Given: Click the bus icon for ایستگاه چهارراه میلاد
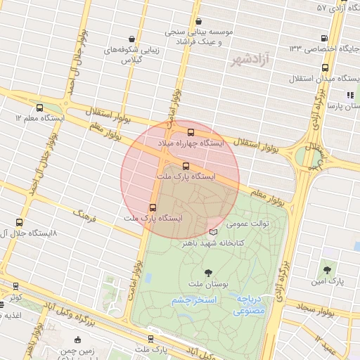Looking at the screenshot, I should [191, 131].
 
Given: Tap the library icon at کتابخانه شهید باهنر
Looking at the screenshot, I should [214, 232].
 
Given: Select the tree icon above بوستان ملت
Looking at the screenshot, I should [208, 272].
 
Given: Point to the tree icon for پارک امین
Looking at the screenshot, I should [326, 269].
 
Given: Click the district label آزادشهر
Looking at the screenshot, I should [250, 60].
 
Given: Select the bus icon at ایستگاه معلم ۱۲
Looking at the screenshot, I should [39, 108].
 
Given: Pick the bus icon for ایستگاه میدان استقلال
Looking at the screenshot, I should [325, 67].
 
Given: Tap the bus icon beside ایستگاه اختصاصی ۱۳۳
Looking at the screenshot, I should [323, 38].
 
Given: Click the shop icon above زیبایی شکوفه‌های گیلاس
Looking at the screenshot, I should [132, 39].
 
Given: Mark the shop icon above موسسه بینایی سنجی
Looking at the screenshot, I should [198, 21].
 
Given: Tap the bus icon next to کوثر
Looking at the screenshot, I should [15, 286].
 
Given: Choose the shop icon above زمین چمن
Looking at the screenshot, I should [77, 340].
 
